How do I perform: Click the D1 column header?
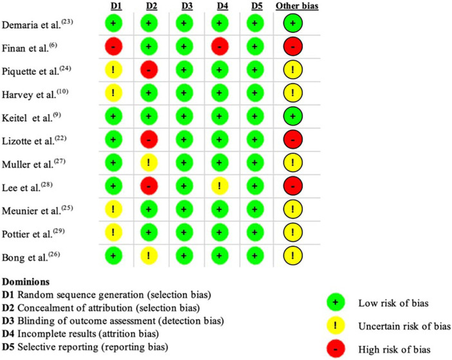[116, 6]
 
